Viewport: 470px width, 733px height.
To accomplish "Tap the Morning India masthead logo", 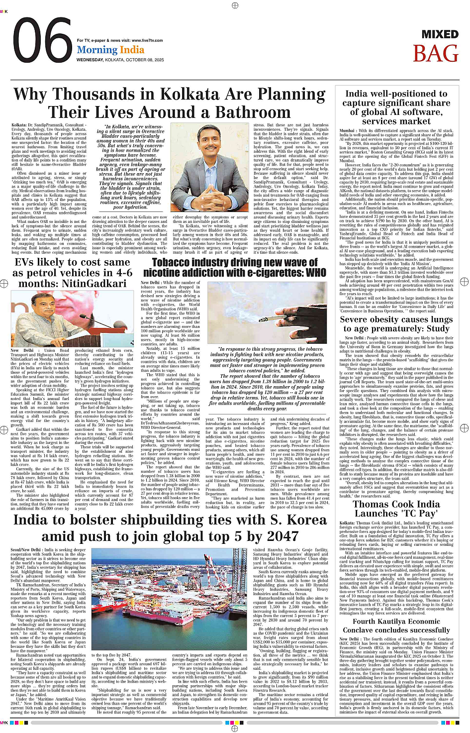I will pyautogui.click(x=110, y=50).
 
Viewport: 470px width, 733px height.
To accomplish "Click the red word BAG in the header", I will pyautogui.click(x=436, y=54).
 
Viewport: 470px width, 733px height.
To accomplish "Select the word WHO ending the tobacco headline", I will pyautogui.click(x=316, y=273).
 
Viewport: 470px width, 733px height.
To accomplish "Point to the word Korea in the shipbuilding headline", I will pyautogui.click(x=301, y=521).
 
